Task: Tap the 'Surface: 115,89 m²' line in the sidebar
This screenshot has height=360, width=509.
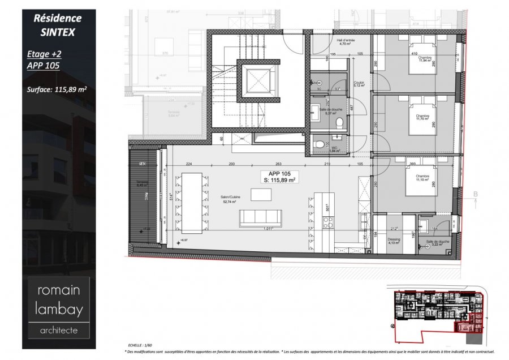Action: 56,88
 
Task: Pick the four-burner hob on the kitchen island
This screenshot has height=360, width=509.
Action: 327,223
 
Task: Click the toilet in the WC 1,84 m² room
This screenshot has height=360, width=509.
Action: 318,143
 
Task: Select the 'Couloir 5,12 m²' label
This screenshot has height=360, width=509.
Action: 359,85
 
